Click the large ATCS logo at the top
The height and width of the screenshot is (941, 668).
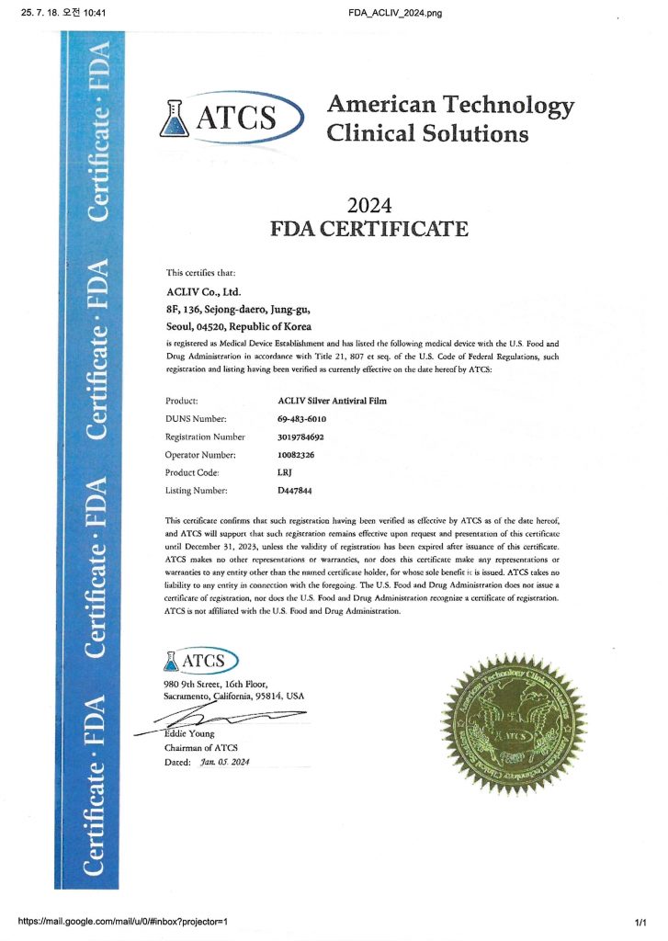point(232,118)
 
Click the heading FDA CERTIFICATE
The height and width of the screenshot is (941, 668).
point(369,229)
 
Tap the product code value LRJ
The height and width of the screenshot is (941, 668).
point(285,471)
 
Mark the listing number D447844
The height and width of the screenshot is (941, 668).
point(296,490)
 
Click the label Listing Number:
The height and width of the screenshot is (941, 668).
point(198,490)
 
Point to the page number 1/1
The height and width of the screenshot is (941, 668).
point(641,921)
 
